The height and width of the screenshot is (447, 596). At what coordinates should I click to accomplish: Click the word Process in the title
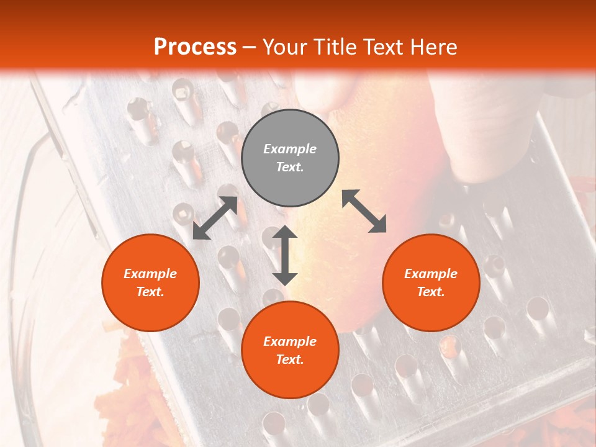[195, 47]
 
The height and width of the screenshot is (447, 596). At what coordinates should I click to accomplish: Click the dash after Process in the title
[250, 48]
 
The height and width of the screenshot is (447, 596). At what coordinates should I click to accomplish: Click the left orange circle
[150, 282]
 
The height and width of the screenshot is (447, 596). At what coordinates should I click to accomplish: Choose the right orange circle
[431, 282]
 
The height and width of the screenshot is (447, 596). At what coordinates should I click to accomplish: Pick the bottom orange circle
[290, 350]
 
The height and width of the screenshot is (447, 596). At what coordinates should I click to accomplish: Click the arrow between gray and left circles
[215, 218]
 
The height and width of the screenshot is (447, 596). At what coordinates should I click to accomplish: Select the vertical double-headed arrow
[285, 255]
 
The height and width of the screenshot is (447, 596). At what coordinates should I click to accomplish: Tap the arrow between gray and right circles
[364, 211]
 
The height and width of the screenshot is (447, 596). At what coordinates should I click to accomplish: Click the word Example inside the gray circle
[290, 149]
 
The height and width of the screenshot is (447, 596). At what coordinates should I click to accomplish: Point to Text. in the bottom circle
[290, 359]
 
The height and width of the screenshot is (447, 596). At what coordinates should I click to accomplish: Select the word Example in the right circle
[431, 274]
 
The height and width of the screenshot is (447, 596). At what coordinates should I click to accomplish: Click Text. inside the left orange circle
[150, 292]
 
